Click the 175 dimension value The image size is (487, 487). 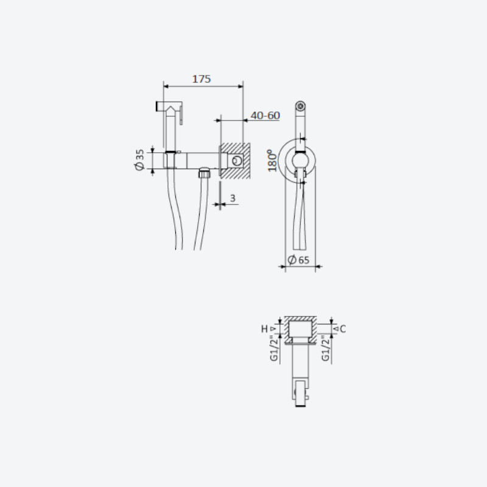click(x=201, y=79)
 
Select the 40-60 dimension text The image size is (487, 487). click(x=265, y=116)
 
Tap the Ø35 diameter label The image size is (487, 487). click(x=140, y=159)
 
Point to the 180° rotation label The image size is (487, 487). click(x=272, y=160)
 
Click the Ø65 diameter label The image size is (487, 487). click(x=298, y=260)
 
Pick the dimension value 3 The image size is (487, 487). click(x=233, y=198)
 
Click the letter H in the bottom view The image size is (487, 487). click(x=264, y=329)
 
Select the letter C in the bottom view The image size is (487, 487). click(x=343, y=329)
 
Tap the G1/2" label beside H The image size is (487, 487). click(x=273, y=348)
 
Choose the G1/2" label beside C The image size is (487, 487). click(x=326, y=348)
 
